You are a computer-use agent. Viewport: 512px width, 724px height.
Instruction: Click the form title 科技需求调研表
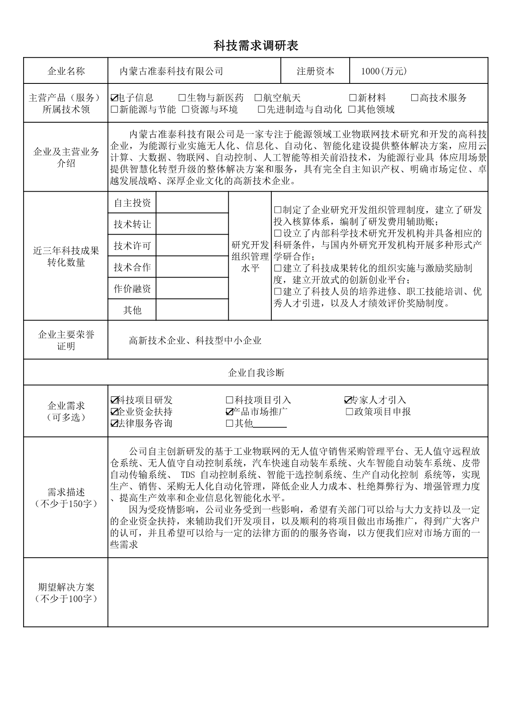256,46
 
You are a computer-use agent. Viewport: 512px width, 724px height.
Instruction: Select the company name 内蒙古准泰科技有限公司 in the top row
171,71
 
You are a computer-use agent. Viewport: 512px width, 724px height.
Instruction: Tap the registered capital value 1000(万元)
384,71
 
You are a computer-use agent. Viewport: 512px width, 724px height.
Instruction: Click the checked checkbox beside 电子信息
114,98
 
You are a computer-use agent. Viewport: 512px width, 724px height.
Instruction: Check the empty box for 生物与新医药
182,98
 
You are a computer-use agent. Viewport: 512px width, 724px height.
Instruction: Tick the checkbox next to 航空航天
258,98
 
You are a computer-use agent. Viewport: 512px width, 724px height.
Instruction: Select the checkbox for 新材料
353,98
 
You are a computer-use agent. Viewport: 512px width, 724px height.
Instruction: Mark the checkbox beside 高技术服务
415,98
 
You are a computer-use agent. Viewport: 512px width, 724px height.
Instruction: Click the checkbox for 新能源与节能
114,110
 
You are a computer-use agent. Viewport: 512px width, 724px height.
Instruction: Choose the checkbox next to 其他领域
352,110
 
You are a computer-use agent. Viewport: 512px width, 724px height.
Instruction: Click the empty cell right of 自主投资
192,203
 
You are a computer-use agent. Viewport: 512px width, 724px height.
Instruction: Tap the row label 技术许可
132,246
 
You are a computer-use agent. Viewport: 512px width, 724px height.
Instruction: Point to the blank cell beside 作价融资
192,289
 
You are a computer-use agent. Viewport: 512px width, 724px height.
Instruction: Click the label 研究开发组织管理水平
250,256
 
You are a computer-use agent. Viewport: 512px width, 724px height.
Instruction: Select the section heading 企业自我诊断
256,373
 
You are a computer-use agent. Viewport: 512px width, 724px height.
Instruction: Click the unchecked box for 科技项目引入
230,400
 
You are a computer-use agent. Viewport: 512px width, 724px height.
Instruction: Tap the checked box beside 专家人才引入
348,400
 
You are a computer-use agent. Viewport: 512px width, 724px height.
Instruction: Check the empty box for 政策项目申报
349,412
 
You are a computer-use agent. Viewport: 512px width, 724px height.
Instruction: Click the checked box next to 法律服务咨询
114,423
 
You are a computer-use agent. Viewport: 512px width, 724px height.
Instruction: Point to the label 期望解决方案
66,587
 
